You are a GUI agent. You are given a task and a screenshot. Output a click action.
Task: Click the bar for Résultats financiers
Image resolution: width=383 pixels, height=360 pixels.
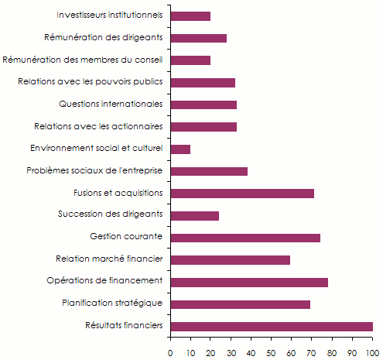coord(271,327)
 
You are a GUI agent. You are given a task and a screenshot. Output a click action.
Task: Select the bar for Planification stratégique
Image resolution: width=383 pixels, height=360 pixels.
coord(240,304)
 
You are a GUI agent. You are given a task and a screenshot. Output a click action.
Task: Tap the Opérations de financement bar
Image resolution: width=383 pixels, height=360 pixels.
coord(248,282)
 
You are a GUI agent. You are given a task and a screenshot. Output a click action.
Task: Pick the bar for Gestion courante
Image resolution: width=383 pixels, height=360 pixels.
coord(245,238)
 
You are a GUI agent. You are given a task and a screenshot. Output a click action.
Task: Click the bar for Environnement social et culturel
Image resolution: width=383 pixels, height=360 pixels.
coord(180,149)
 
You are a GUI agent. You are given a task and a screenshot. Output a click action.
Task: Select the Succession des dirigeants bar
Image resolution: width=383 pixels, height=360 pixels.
coord(194,215)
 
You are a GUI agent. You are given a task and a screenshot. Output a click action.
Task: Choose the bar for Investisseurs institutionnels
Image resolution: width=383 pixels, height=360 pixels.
coord(190,15)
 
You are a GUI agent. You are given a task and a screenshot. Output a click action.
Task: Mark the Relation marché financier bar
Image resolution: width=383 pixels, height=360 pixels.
coord(230,260)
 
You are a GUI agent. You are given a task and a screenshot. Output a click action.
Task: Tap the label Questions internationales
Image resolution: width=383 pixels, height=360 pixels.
coord(111,104)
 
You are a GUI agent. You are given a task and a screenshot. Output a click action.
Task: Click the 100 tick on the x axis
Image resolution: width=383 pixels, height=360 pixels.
coord(373,351)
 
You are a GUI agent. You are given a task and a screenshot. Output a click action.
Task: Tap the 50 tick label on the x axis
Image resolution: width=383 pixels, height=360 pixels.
coord(272,351)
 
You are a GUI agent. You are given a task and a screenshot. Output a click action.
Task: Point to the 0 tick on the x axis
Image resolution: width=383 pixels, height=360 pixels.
coord(170,351)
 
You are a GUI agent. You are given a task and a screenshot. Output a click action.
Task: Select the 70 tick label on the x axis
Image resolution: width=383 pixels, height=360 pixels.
coord(312,351)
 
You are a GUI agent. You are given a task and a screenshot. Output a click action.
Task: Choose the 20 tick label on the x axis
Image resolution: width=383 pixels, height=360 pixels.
coord(210,351)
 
